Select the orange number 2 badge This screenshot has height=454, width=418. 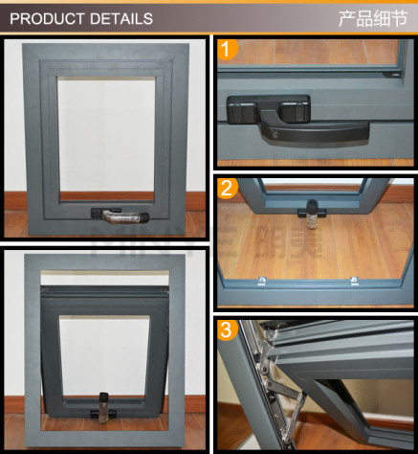pos(228,190)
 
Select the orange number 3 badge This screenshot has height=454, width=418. pos(228,332)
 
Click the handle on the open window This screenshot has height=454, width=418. pos(100,411)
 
